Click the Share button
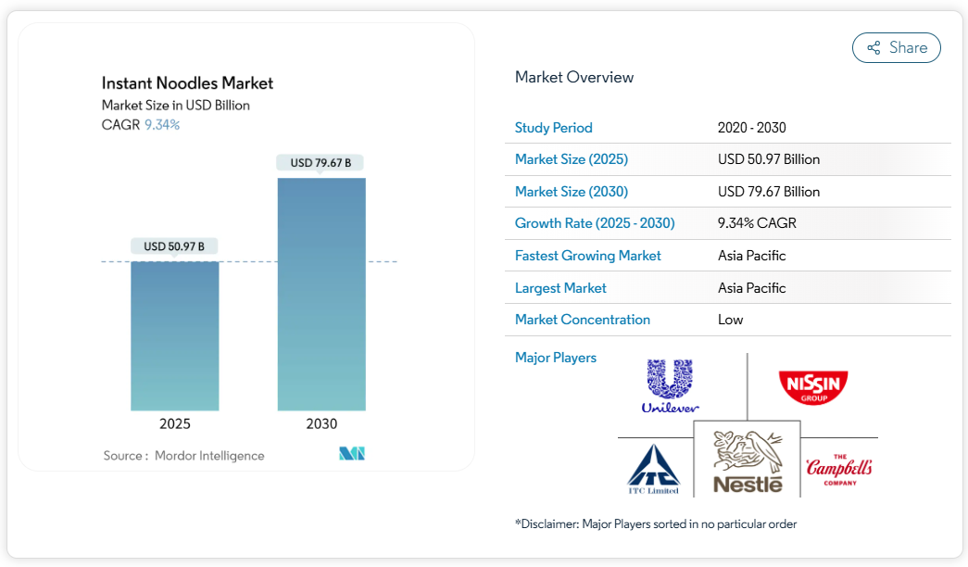[896, 48]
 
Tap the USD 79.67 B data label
[321, 163]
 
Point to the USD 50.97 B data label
[174, 246]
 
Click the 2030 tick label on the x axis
[321, 424]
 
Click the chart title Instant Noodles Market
[187, 83]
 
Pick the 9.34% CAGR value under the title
[162, 124]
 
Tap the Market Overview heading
[574, 77]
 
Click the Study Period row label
[554, 128]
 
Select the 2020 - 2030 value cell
[751, 128]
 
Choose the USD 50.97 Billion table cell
[769, 159]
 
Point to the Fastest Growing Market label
[588, 256]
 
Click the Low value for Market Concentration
[730, 320]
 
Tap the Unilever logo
[671, 385]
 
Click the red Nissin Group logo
[813, 386]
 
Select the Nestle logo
[748, 460]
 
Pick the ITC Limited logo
[654, 470]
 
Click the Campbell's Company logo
[838, 470]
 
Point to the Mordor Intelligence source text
[209, 456]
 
